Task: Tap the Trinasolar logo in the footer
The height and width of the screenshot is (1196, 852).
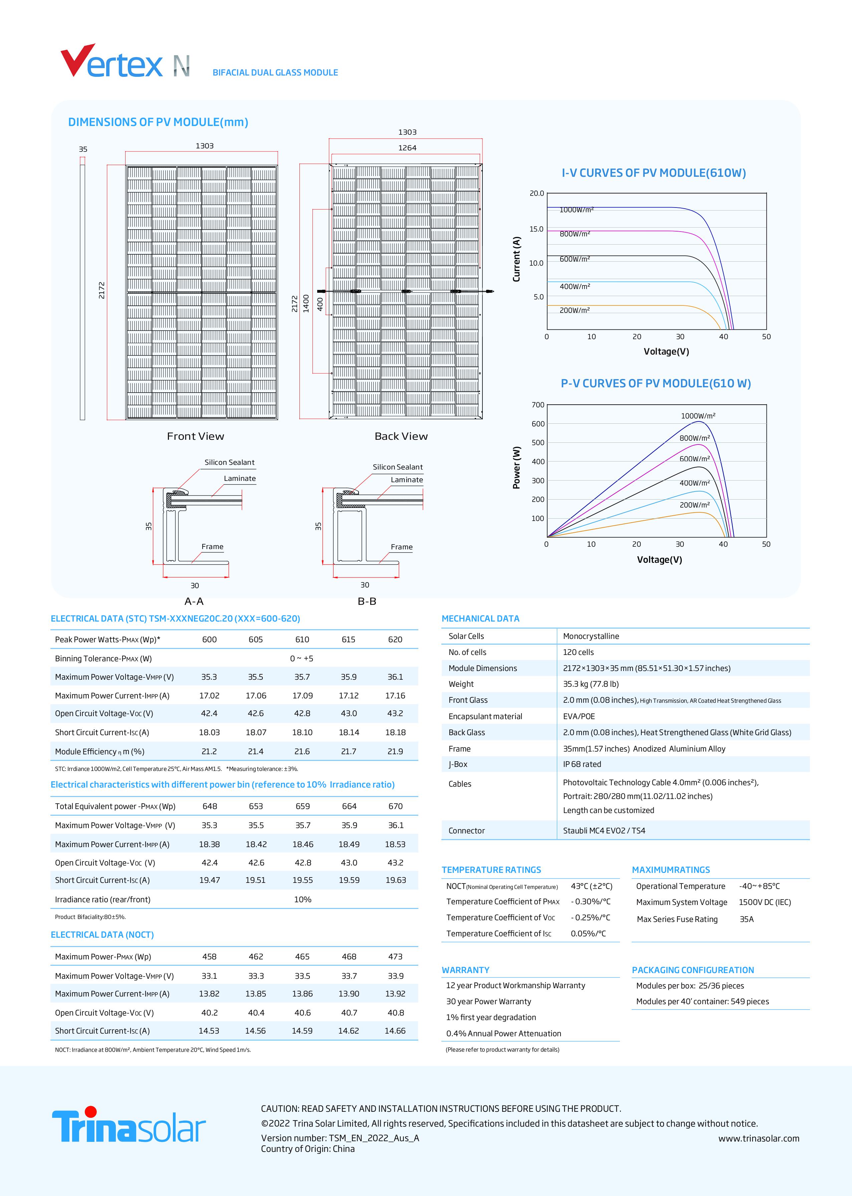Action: click(129, 1125)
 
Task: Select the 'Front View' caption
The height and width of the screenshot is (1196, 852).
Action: click(195, 436)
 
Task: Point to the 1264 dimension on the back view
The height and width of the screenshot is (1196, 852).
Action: click(407, 148)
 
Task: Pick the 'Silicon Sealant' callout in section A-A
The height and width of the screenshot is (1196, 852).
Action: click(229, 462)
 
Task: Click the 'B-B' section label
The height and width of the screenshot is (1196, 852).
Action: click(367, 601)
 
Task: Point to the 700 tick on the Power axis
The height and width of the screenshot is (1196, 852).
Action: click(538, 405)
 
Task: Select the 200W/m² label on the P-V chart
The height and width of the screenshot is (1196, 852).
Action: click(694, 505)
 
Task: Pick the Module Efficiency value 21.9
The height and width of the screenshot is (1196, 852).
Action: click(395, 751)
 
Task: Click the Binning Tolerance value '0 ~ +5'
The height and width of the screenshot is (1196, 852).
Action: click(302, 658)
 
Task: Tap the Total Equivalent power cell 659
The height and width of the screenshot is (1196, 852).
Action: click(303, 806)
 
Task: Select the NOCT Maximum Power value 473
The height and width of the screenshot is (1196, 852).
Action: click(395, 957)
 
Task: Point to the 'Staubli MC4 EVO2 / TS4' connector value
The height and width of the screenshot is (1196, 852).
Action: click(604, 831)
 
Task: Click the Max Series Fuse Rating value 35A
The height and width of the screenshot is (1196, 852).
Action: click(746, 919)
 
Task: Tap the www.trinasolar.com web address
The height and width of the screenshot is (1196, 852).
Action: click(759, 1138)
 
